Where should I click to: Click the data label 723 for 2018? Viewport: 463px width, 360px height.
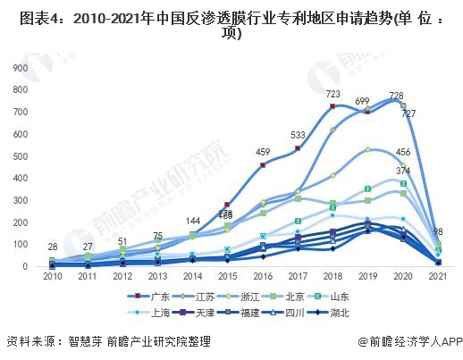click(333, 94)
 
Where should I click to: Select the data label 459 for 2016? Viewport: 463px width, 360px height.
click(263, 152)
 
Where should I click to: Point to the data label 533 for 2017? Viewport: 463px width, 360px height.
click(298, 135)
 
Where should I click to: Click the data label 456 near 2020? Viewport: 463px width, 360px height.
click(403, 153)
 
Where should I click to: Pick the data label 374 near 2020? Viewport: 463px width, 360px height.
click(403, 170)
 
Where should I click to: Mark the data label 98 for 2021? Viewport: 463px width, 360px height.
click(438, 232)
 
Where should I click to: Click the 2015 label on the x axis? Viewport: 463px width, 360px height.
click(228, 279)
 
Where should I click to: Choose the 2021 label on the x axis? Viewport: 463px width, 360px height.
click(437, 279)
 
